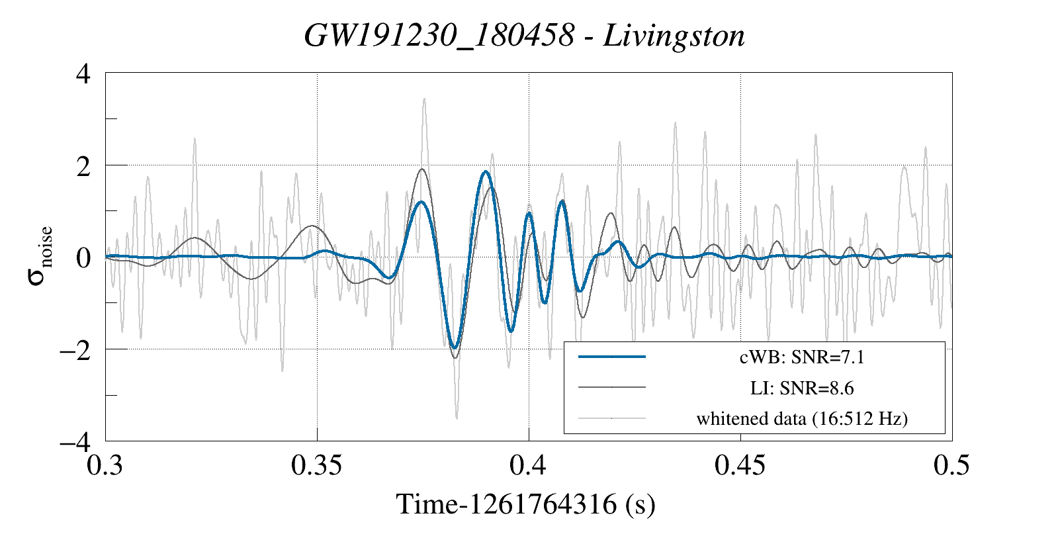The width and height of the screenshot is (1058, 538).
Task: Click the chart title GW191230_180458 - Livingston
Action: point(524,36)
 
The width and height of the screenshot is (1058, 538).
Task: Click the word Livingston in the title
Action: point(674,36)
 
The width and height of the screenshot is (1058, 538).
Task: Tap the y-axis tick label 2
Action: point(83,166)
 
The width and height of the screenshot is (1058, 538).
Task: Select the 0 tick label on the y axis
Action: point(83,257)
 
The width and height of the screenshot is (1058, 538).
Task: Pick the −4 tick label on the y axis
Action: point(75,441)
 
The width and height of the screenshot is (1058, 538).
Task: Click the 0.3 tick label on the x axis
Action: point(105,466)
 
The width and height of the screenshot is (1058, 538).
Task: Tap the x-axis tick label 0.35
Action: point(317,466)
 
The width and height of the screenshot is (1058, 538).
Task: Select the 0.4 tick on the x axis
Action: point(528,466)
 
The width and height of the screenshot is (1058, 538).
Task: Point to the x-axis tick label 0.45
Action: point(740,466)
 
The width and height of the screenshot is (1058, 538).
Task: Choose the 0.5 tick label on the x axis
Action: point(951,466)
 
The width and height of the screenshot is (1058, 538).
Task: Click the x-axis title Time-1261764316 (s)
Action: point(525,504)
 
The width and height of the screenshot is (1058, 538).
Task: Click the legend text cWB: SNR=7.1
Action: point(802,357)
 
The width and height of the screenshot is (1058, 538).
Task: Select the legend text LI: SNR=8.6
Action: point(802,388)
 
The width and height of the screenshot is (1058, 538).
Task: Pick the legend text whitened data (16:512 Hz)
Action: point(802,418)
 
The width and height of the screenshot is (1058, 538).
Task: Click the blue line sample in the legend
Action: point(611,357)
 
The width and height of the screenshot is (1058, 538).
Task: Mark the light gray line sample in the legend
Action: point(611,418)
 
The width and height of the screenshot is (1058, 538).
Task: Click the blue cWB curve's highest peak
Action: point(486,171)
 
